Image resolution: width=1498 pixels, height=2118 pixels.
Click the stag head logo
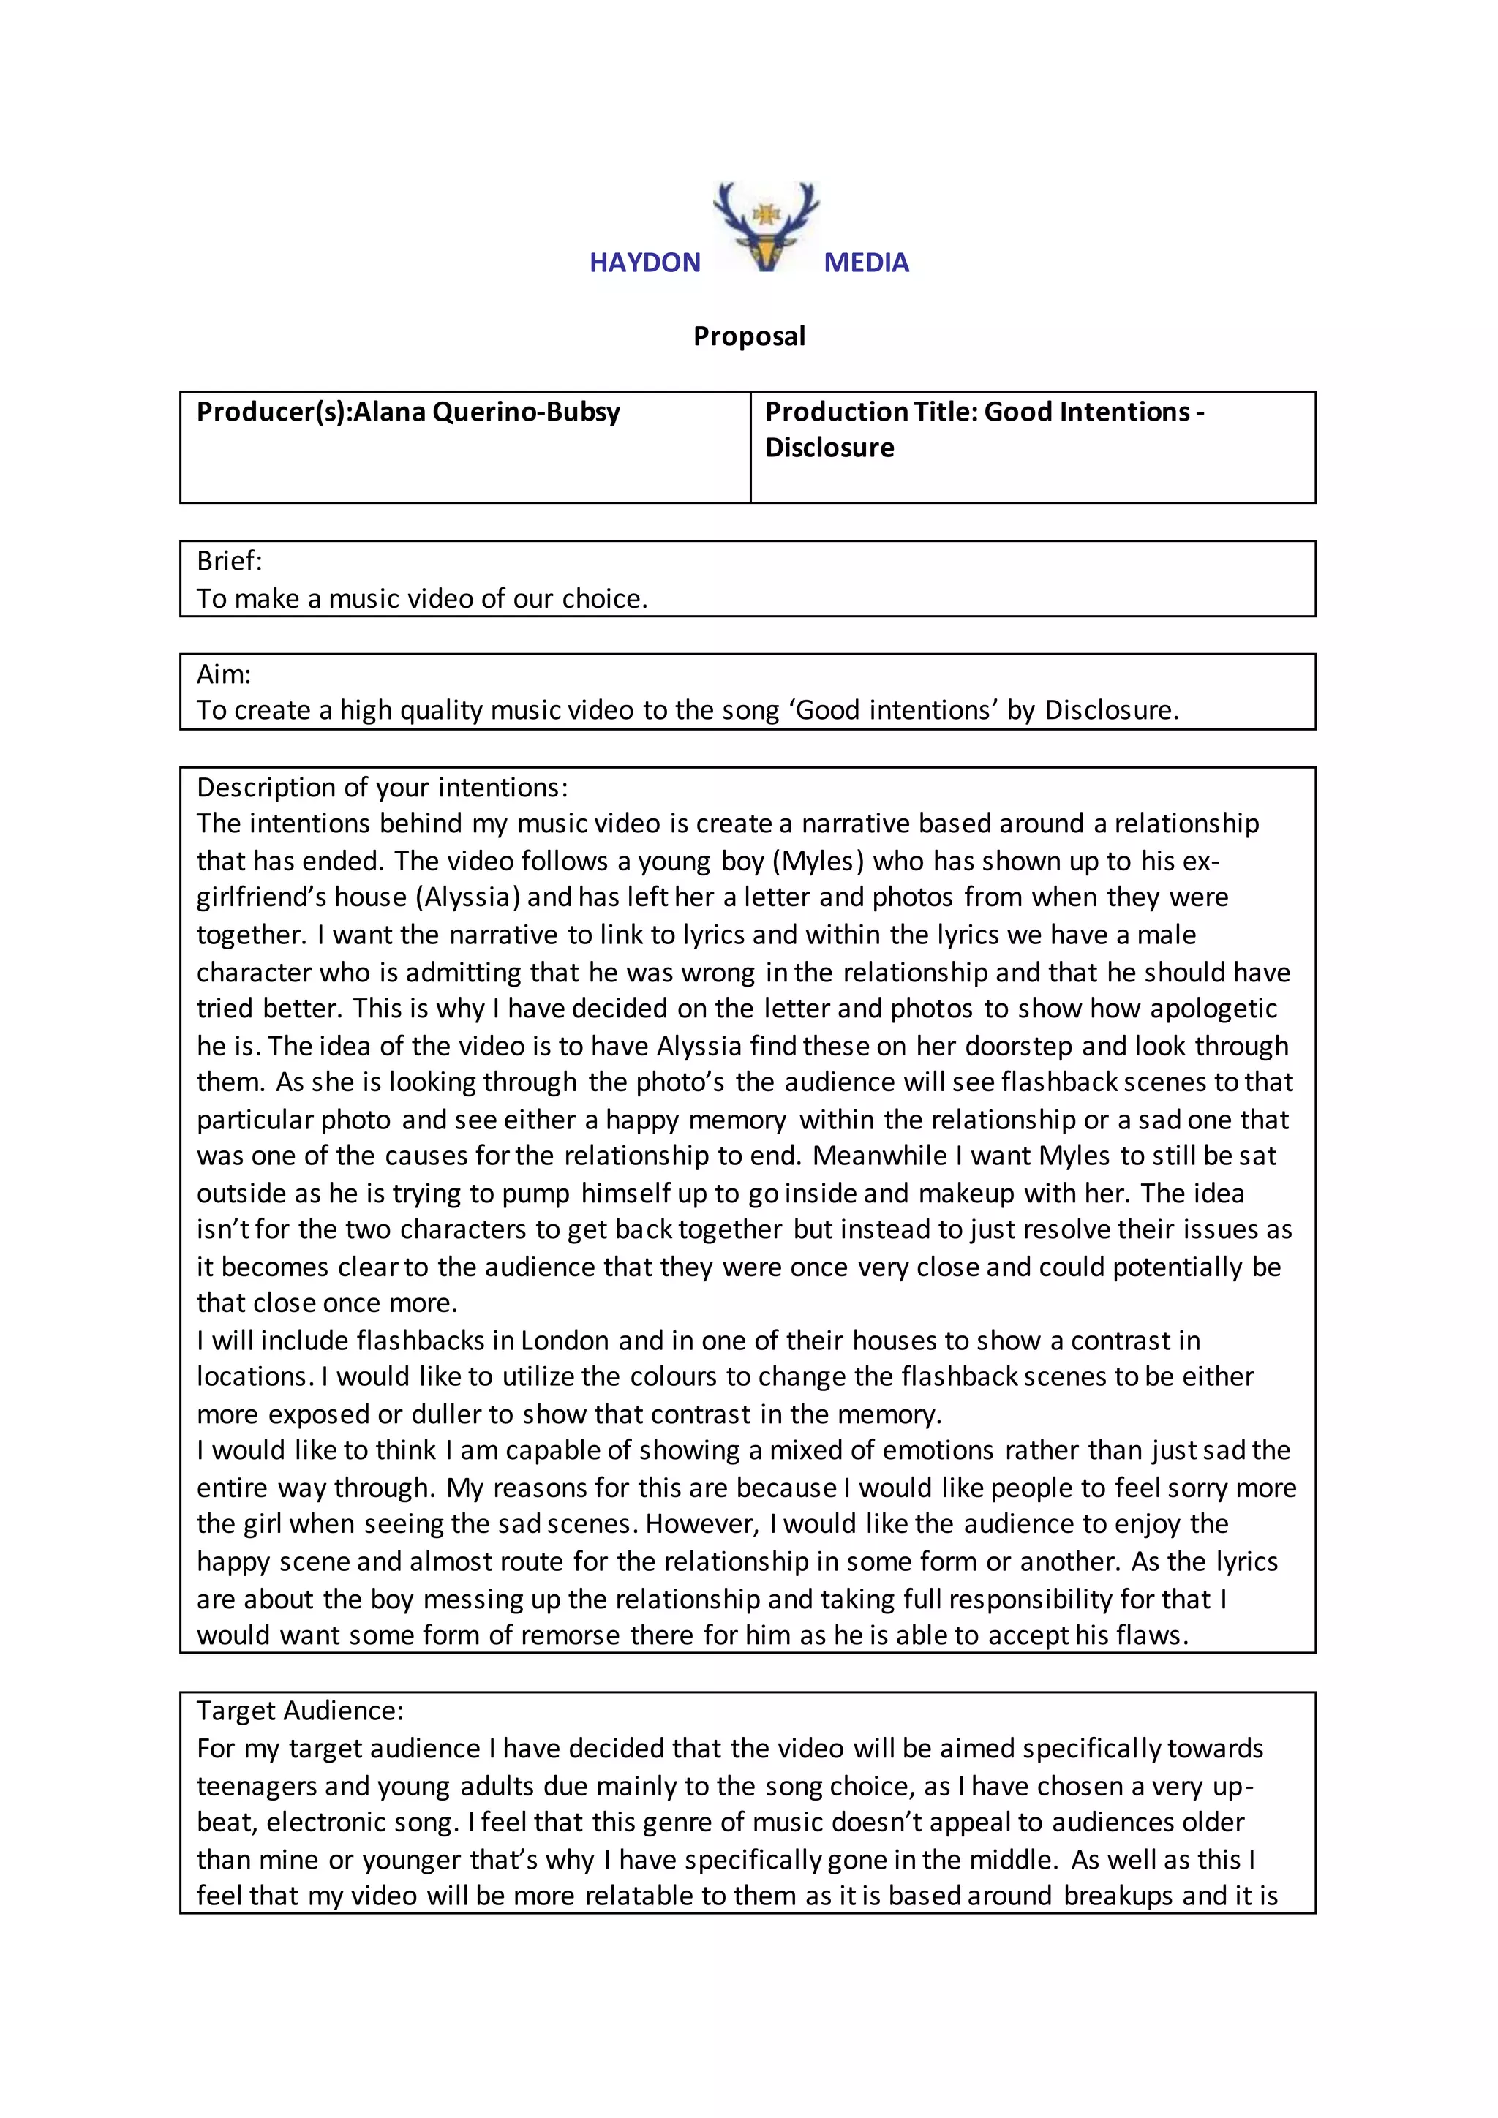click(766, 226)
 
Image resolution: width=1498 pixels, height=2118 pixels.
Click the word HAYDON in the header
click(644, 263)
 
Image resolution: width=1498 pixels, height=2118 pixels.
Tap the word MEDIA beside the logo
click(866, 263)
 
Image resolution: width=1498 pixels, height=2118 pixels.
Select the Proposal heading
click(749, 336)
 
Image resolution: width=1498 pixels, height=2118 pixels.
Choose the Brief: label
click(230, 561)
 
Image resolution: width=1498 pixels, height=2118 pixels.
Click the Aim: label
click(224, 674)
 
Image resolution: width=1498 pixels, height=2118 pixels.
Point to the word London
click(565, 1341)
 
